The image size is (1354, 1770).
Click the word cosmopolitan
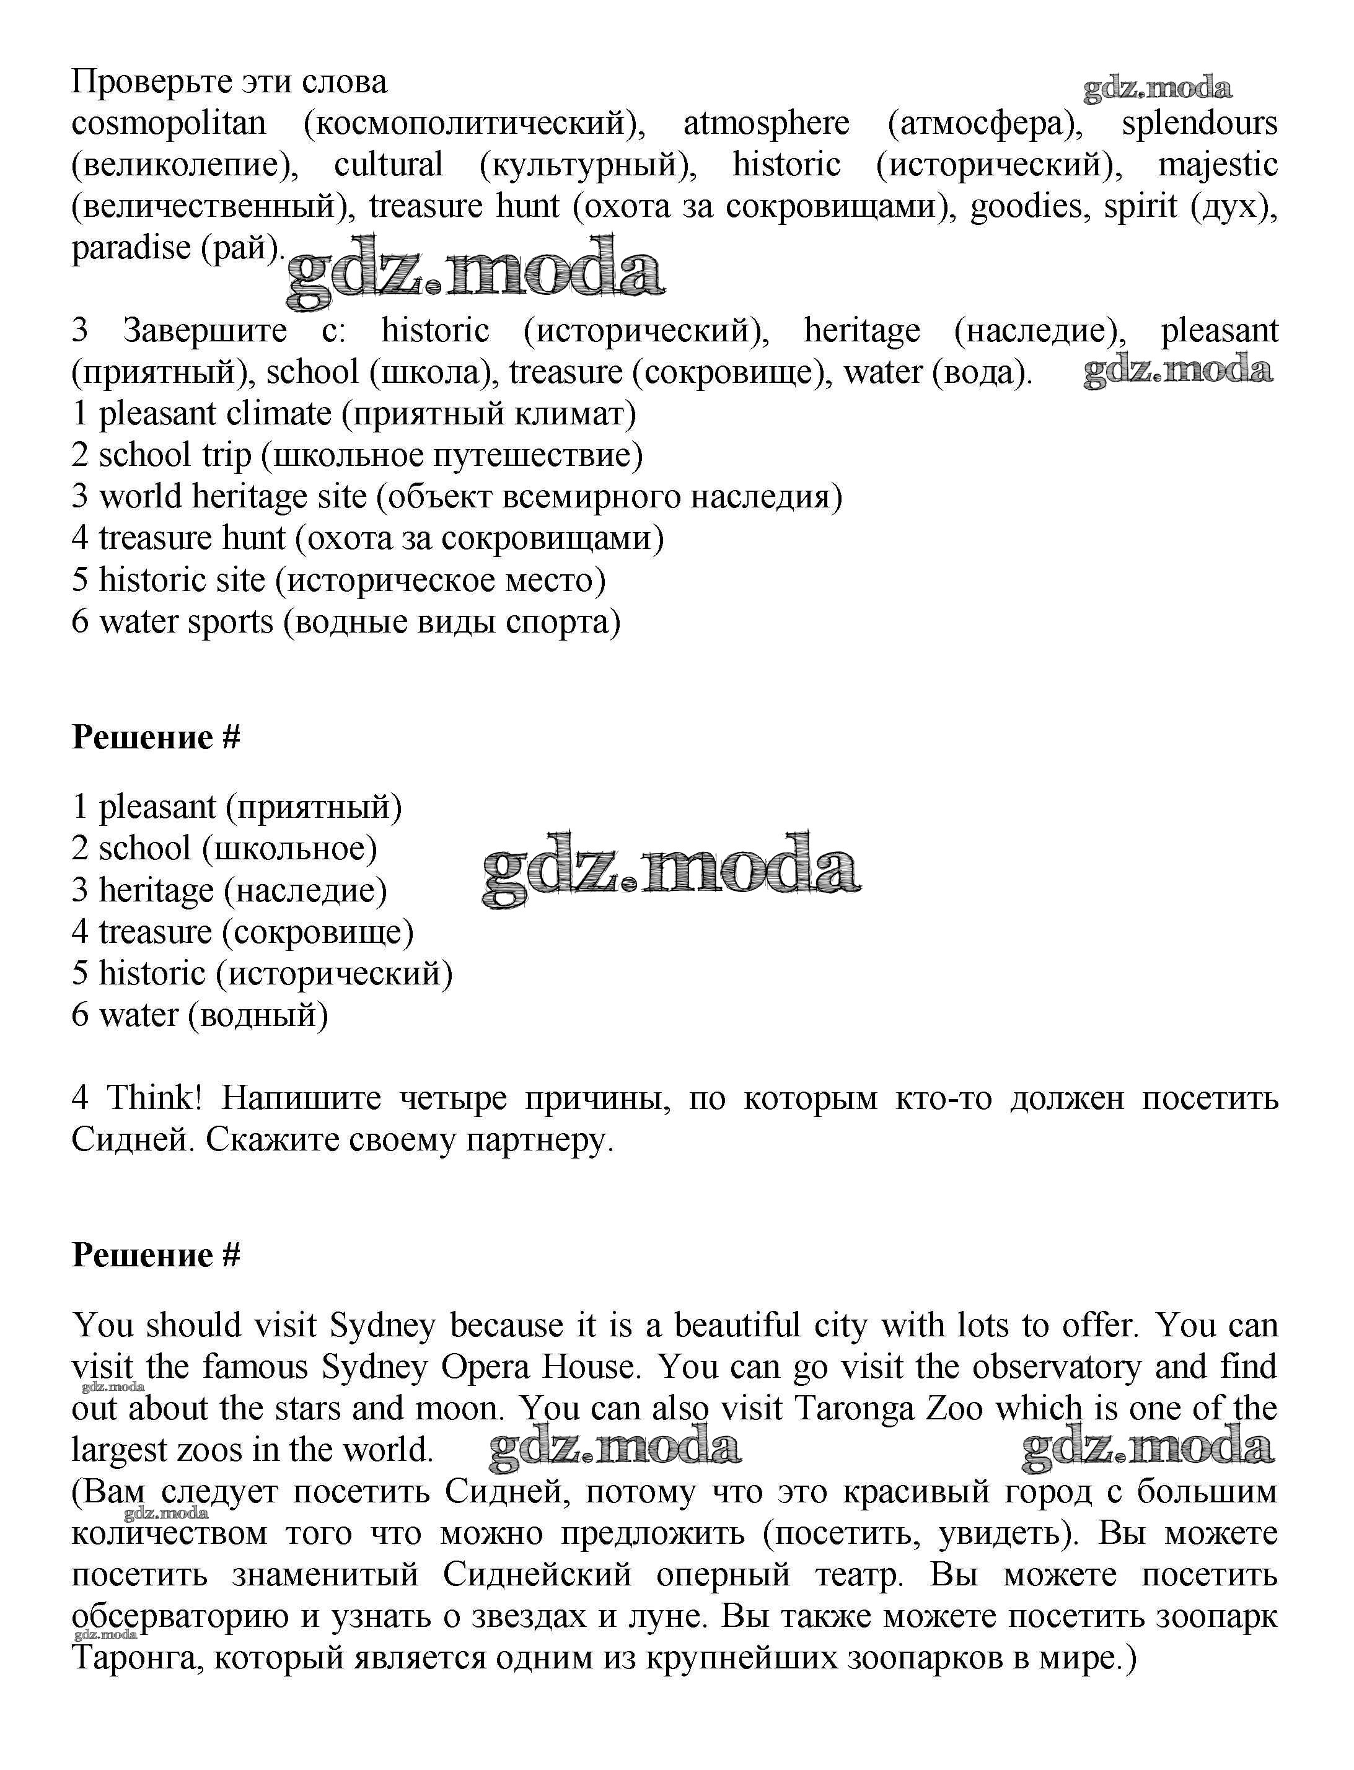[x=169, y=124]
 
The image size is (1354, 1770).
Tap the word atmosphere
[x=766, y=124]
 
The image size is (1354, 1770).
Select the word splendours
[x=1199, y=124]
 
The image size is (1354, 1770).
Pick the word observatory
[x=1057, y=1367]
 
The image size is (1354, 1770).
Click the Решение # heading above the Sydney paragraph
[x=156, y=1256]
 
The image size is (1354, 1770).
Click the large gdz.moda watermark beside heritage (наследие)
[x=670, y=870]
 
